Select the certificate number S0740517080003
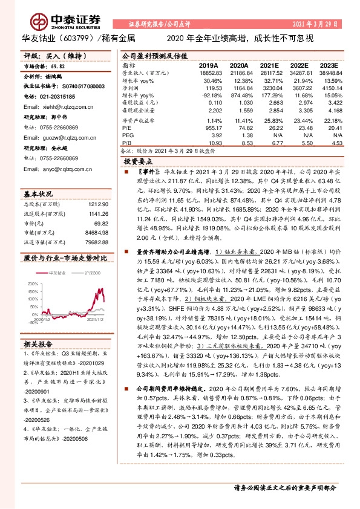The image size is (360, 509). coord(70,86)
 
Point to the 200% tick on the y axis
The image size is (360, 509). coord(31,283)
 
